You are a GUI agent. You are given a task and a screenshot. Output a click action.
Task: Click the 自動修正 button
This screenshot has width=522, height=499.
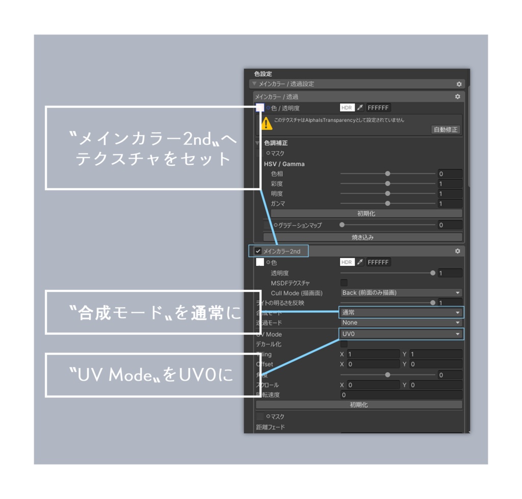click(x=446, y=130)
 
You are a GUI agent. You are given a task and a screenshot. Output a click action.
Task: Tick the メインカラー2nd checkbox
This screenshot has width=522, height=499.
click(x=258, y=251)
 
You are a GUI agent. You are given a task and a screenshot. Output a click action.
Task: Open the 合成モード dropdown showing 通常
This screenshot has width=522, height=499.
click(x=401, y=312)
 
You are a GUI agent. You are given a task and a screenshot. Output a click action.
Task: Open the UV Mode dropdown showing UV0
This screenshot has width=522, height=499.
click(x=401, y=334)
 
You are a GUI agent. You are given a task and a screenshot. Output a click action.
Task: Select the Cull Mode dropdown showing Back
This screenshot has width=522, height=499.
click(x=401, y=293)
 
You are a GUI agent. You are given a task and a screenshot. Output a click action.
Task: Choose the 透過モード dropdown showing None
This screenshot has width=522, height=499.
click(x=401, y=323)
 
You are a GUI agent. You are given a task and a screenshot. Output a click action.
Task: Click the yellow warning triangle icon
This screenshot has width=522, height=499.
click(x=267, y=123)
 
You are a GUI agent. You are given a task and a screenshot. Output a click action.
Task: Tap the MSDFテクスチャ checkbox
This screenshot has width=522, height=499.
click(x=344, y=283)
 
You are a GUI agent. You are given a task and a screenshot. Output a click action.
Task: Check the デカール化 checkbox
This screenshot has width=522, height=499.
click(x=344, y=344)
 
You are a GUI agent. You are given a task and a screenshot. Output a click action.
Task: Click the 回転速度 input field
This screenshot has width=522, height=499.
click(x=401, y=395)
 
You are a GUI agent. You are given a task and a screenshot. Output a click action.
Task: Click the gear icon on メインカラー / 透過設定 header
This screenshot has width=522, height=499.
click(x=459, y=84)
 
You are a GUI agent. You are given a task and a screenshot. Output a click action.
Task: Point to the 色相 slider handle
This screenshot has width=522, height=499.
click(x=387, y=174)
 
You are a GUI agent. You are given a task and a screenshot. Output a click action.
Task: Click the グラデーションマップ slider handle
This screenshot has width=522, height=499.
click(x=342, y=225)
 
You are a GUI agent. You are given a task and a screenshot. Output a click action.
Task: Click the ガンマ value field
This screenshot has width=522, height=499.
click(x=450, y=204)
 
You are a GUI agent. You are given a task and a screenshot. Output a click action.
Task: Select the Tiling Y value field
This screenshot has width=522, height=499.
click(x=436, y=354)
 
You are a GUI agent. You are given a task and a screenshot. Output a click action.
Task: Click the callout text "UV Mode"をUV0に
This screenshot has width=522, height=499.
click(x=151, y=376)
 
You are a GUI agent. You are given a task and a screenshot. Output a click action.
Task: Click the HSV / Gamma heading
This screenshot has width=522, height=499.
click(x=284, y=164)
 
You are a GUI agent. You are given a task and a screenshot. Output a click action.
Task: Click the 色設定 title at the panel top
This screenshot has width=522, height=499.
click(x=263, y=74)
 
